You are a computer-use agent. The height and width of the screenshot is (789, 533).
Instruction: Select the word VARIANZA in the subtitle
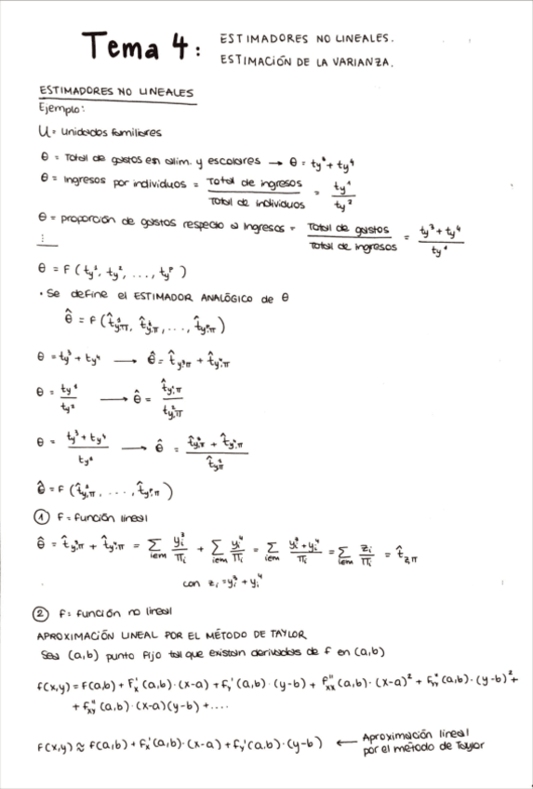click(x=364, y=62)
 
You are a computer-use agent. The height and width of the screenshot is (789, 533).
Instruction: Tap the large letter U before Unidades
click(x=43, y=133)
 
